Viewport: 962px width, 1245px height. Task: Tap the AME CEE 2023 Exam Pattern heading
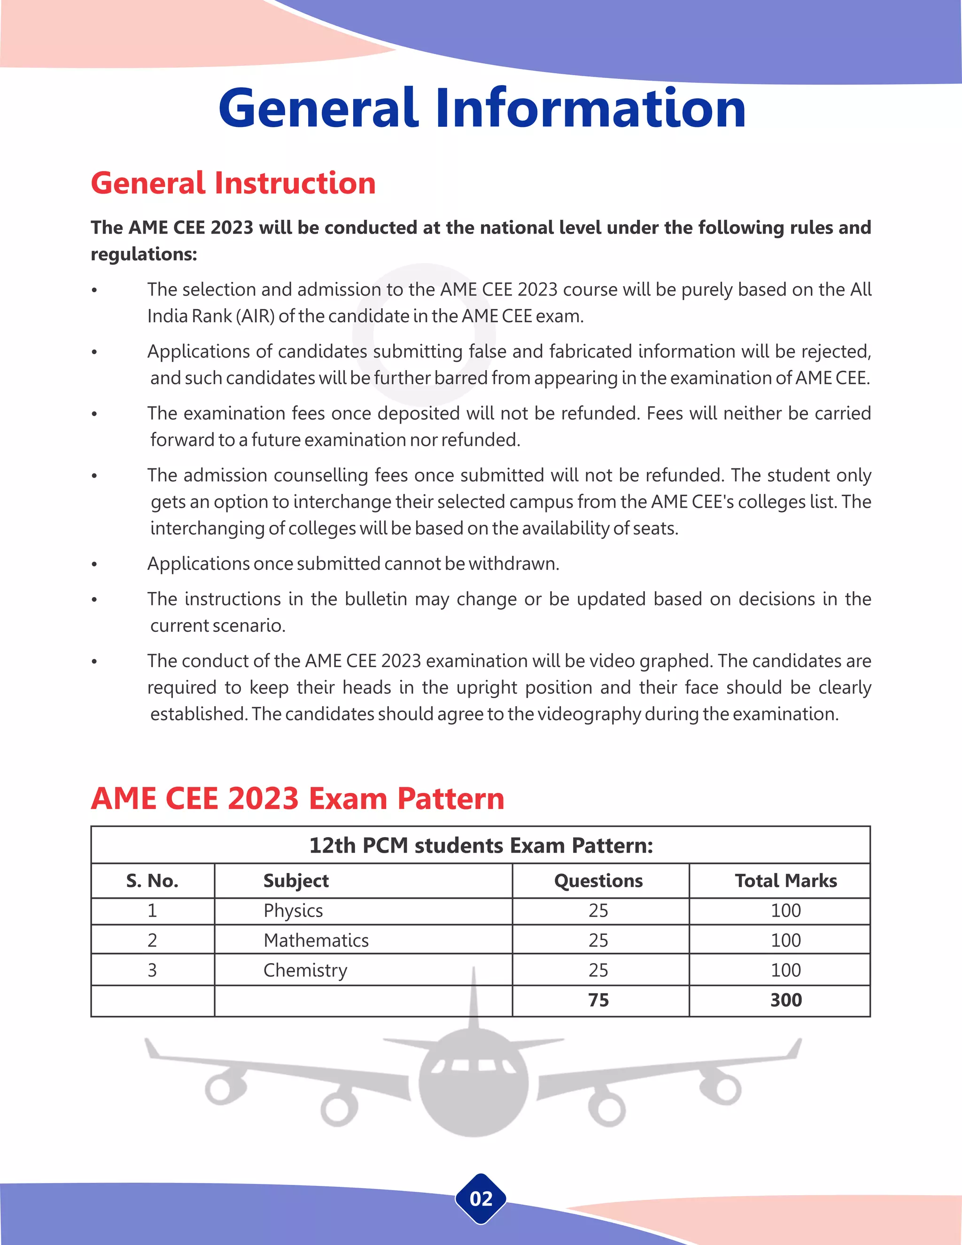[297, 798]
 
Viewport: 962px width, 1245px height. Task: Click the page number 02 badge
[481, 1199]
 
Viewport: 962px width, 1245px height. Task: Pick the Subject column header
[296, 881]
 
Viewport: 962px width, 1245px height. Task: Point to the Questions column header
[598, 881]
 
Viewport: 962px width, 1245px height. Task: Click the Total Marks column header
[785, 881]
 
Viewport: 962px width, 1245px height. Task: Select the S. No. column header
[152, 881]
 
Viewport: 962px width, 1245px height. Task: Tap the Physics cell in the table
[293, 910]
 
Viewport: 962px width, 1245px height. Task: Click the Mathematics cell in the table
[316, 940]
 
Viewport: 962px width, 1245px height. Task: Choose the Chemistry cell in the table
[305, 970]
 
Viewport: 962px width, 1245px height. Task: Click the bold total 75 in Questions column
[598, 1000]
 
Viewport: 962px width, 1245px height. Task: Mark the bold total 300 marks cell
[785, 1000]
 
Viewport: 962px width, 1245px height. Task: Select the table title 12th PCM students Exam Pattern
[481, 845]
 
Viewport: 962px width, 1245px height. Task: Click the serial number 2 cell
[152, 940]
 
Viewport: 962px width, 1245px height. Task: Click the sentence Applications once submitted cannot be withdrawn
[353, 564]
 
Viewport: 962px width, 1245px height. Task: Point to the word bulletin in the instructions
[376, 599]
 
